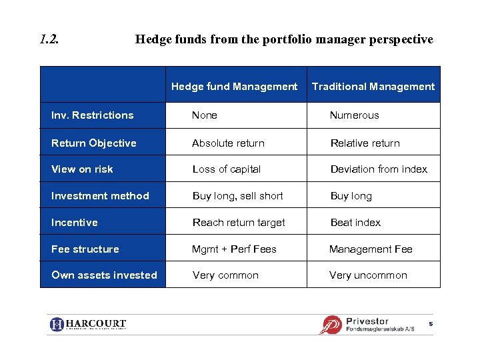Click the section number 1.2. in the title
pos(49,39)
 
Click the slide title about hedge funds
pos(284,39)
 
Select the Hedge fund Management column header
pos(234,87)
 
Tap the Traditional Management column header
pos(373,87)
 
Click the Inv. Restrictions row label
pos(92,115)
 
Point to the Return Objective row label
pos(93,143)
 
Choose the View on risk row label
pos(82,169)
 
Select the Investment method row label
pos(100,196)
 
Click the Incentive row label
pos(74,223)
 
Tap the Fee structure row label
pos(85,249)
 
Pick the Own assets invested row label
pos(104,275)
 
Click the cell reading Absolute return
pos(228,143)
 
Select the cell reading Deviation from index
pos(379,169)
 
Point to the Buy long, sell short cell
pos(237,196)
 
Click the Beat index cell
pos(355,223)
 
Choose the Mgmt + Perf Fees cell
pos(234,249)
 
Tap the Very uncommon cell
pos(368,275)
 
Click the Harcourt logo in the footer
pos(88,325)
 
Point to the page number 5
pos(431,324)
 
